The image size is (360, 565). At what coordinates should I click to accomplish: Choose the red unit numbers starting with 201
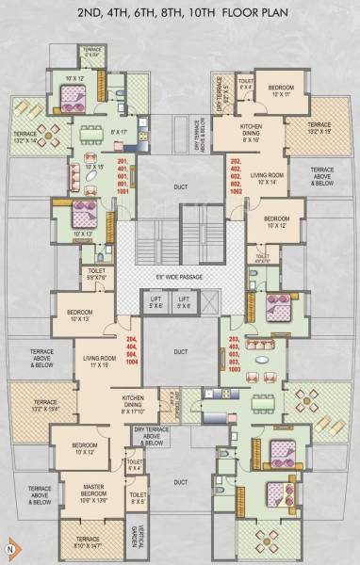coord(123,176)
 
